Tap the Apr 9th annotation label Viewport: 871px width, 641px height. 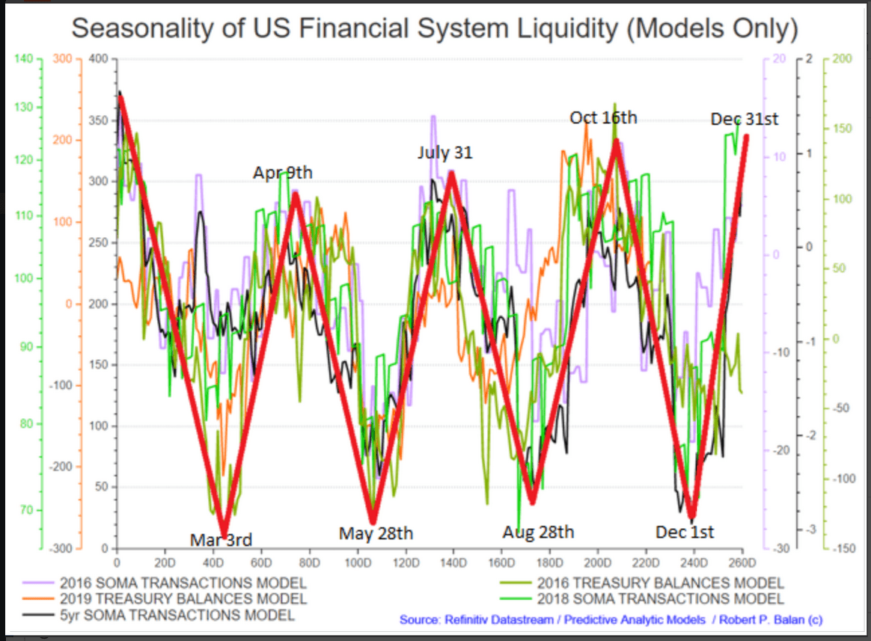pos(282,173)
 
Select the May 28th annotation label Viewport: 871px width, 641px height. pos(376,533)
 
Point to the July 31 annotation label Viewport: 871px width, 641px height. pos(445,153)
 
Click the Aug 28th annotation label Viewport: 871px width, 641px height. pos(538,532)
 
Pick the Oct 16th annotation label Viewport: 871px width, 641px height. pos(603,117)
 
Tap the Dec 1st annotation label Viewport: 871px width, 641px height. pos(685,532)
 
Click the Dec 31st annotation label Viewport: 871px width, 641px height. pos(745,119)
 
